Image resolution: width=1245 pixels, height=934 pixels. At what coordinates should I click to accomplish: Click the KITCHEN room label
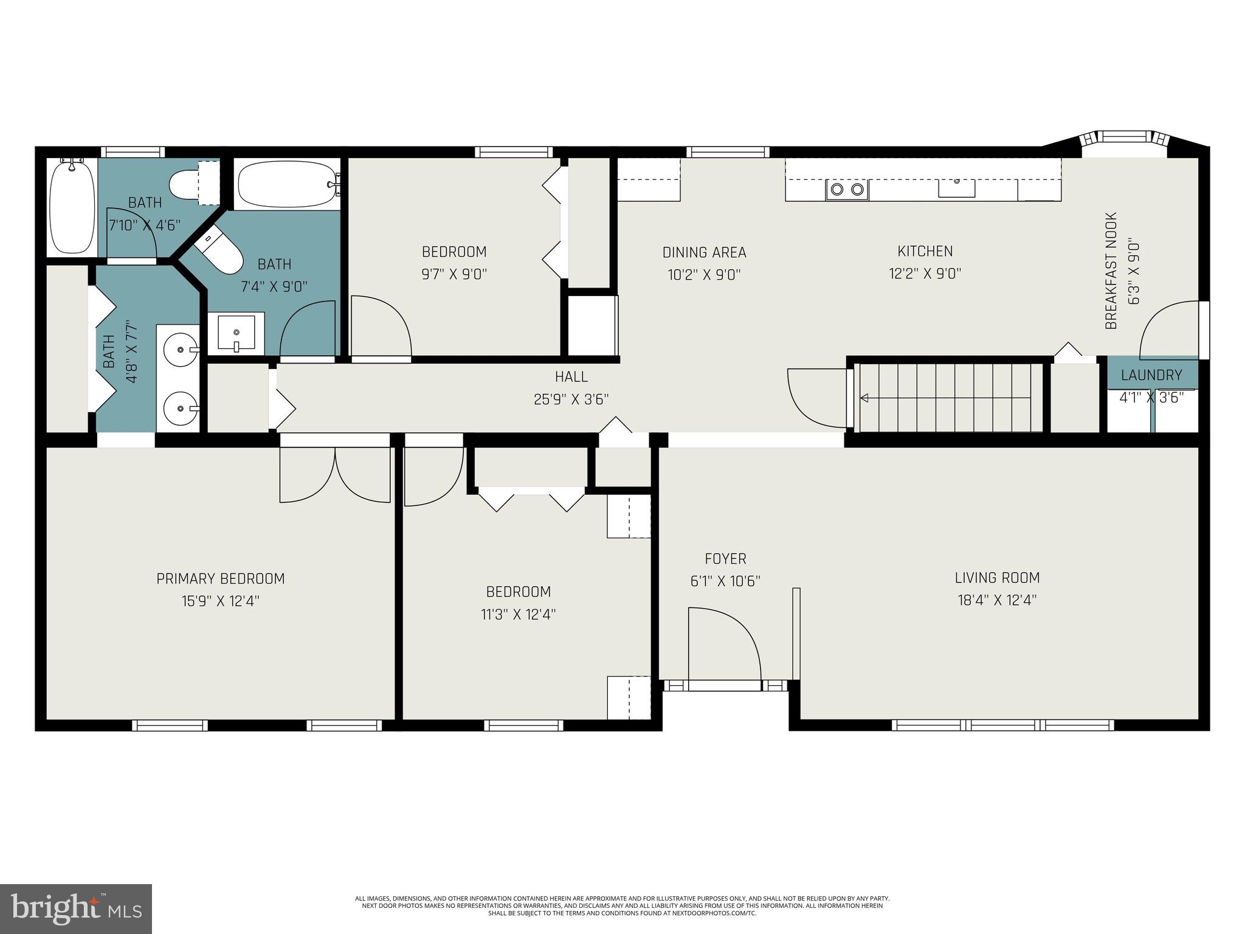point(925,251)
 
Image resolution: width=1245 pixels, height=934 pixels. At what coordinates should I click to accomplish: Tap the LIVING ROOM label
point(997,578)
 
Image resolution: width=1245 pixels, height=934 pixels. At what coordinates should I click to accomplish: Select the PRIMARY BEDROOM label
point(221,578)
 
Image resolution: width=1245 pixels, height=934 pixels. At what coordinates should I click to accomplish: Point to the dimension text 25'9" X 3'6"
point(571,399)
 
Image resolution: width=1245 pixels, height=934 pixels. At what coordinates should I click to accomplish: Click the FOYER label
point(725,558)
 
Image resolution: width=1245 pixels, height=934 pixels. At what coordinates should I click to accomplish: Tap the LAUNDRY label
point(1151,375)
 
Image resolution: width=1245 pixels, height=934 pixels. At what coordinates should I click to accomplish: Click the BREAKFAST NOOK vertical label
point(1111,271)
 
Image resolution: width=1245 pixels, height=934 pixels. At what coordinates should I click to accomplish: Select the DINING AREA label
point(704,252)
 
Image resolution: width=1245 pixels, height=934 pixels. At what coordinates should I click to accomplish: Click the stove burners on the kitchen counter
point(847,190)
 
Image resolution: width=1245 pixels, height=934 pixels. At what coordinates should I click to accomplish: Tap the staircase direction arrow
point(864,398)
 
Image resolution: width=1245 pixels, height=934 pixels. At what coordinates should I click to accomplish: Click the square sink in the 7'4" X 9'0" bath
point(236,333)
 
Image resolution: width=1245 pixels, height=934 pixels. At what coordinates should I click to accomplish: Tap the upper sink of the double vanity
point(181,350)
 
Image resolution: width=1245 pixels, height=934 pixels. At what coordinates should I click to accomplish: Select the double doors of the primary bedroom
point(334,474)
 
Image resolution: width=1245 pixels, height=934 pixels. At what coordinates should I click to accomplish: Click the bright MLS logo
point(75,908)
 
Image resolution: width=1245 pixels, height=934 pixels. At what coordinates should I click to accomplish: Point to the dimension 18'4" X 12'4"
point(997,600)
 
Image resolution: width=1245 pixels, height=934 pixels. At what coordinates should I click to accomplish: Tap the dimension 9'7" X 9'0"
point(454,274)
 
